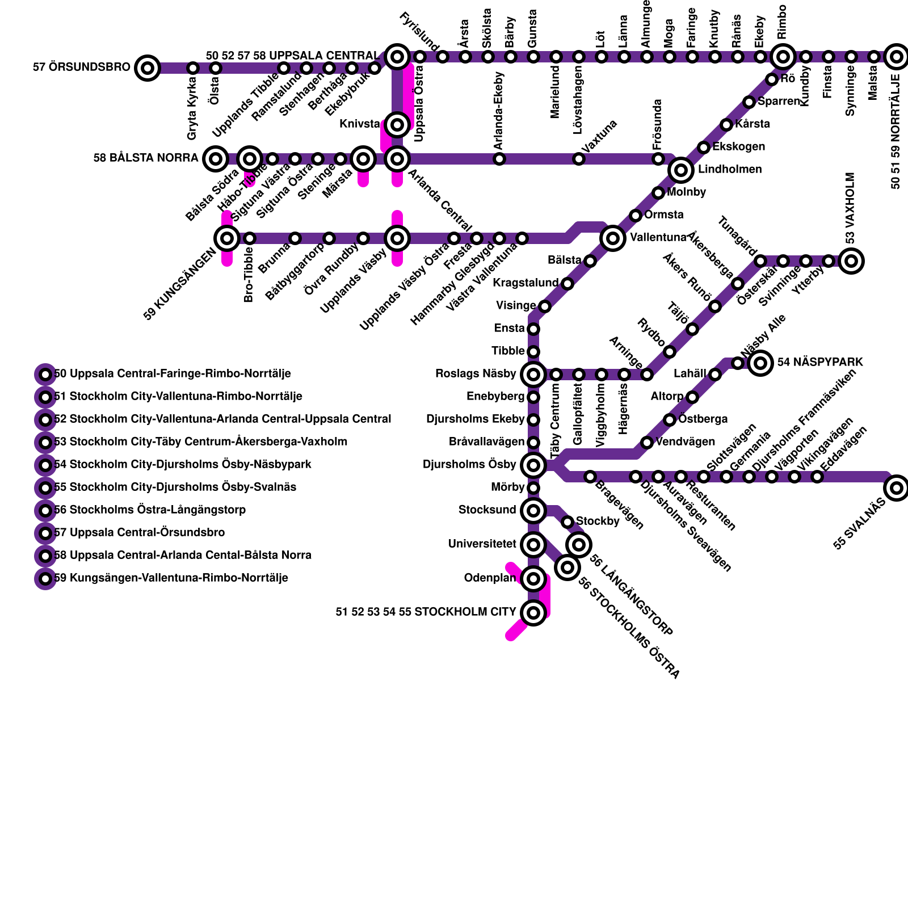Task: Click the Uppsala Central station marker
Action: point(397,56)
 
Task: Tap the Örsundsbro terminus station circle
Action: point(148,68)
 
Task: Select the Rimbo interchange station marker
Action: point(783,56)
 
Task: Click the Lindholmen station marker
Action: point(680,170)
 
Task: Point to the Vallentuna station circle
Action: point(612,238)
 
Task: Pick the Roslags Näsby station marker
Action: point(533,374)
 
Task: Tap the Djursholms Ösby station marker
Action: point(533,465)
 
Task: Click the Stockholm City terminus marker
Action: point(533,612)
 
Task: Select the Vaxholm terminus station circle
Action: point(851,260)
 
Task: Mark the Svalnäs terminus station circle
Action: point(896,487)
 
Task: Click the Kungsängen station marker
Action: point(226,238)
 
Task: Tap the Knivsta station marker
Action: point(397,124)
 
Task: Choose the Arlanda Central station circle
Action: point(397,158)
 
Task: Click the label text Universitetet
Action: point(482,544)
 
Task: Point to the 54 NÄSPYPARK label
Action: point(819,362)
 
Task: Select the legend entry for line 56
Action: point(150,510)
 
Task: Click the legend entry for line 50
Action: point(173,373)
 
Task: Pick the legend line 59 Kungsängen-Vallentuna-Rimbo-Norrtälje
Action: point(171,578)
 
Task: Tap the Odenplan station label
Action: point(490,578)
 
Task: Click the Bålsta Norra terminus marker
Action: point(215,158)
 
